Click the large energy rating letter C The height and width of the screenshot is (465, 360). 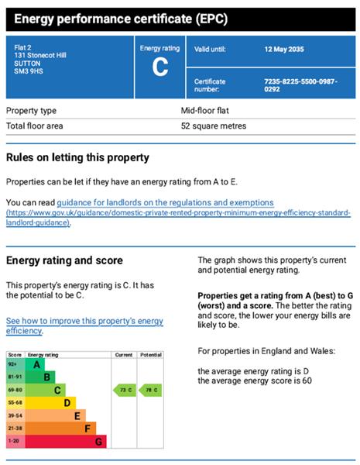coord(160,67)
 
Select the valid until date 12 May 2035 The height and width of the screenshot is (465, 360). coord(306,49)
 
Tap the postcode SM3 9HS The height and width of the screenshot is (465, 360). coord(29,74)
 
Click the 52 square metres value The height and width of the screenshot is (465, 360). coord(214,126)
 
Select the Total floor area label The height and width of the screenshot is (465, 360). coord(35,126)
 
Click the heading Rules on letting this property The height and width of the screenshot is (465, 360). coord(77,157)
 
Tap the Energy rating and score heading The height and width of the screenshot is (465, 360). coord(64,260)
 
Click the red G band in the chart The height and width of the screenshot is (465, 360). coord(98,442)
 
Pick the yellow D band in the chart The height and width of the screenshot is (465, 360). coord(67,403)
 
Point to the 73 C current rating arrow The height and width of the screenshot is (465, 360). coord(125,390)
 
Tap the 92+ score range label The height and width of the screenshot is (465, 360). coord(13,364)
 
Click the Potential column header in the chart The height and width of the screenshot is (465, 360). coord(151,354)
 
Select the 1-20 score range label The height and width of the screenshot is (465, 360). coord(13,442)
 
